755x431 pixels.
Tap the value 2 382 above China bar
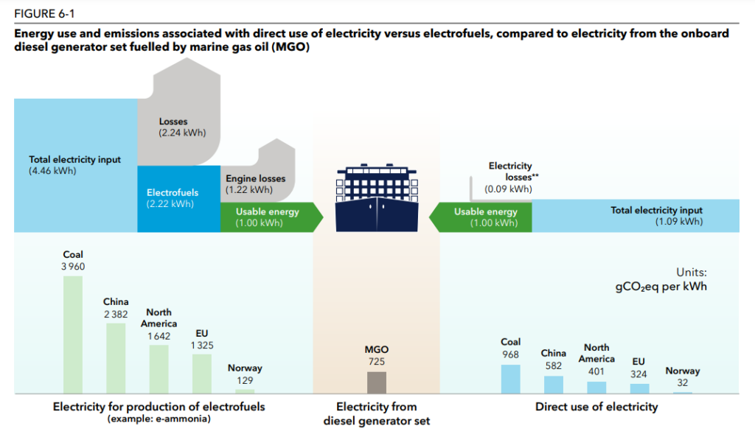[116, 314]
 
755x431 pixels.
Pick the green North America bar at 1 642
[159, 368]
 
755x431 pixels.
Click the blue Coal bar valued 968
[510, 379]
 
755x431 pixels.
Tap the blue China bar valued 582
[553, 384]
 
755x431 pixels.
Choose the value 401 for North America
[596, 372]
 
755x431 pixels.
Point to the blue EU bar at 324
[639, 388]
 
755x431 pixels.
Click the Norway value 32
[683, 383]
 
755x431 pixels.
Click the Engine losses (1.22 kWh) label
[255, 184]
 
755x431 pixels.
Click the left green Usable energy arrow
[270, 217]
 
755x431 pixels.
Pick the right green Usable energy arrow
[482, 217]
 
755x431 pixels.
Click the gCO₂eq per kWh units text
[661, 286]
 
